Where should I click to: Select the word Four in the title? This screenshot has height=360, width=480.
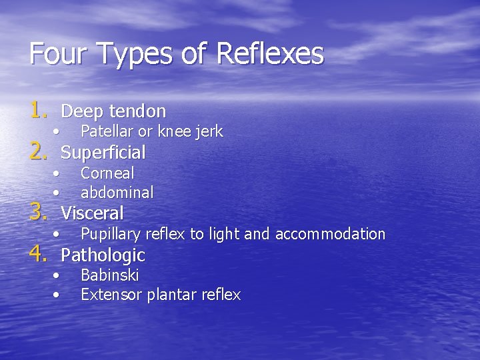[x=52, y=53]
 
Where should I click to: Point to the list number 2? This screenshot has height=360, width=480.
[x=39, y=152]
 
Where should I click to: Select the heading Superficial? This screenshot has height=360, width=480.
[x=103, y=153]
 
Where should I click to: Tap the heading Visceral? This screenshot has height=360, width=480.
[x=92, y=213]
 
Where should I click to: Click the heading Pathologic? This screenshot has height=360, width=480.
[x=103, y=255]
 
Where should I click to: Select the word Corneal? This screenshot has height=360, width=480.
[x=107, y=173]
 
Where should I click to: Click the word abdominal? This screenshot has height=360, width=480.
[x=117, y=193]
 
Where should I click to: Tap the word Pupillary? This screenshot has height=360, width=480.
[x=111, y=234]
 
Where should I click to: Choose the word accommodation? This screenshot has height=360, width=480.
[x=330, y=234]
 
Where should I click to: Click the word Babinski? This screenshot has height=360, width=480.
[x=110, y=275]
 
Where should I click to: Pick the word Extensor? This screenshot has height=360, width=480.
[x=109, y=295]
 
